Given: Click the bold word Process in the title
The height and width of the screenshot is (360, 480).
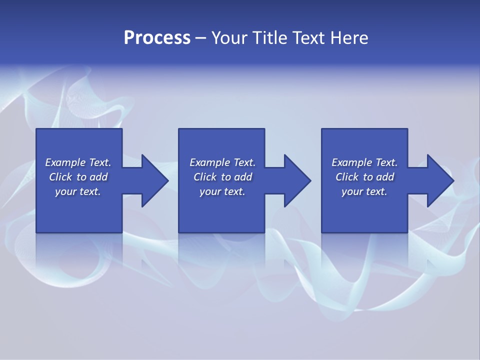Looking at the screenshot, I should [157, 38].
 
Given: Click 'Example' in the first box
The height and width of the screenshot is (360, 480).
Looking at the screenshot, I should [65, 162].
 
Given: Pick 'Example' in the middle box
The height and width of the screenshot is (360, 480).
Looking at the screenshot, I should [209, 162].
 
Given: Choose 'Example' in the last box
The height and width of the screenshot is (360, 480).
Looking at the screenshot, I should [351, 162].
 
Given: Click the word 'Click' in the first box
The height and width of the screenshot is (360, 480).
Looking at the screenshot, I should [60, 177].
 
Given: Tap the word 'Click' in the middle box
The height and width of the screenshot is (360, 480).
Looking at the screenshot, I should [204, 177].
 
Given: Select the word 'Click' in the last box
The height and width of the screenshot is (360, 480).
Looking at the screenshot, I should [346, 177].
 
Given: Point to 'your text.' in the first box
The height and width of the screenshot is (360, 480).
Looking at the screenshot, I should [78, 191].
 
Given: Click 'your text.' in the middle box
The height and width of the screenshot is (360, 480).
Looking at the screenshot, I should [222, 191].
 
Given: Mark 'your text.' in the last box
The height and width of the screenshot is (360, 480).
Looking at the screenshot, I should [364, 191].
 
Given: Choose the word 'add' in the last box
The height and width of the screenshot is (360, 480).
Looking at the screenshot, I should [385, 177].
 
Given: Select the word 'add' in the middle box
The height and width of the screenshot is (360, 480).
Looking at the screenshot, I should [243, 177].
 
